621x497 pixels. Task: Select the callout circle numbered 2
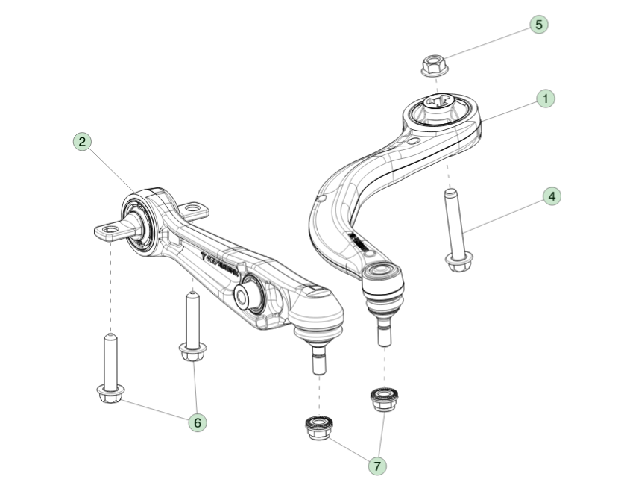point(82,141)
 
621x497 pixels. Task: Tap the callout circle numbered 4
point(551,197)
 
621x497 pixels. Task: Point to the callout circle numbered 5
point(538,24)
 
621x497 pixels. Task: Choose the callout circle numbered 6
point(197,422)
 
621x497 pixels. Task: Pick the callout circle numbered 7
point(378,466)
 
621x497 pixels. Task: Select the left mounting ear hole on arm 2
point(110,228)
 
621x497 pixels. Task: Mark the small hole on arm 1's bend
point(321,198)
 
